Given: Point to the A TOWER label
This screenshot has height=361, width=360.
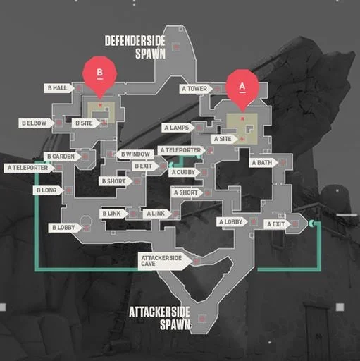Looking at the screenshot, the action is click(196, 89).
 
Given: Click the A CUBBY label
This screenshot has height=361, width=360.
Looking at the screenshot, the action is click(185, 172).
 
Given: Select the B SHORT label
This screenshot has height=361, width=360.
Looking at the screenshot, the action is click(116, 181).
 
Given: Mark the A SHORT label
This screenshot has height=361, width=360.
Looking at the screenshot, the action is click(187, 192).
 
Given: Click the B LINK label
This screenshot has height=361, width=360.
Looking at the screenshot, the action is click(114, 214).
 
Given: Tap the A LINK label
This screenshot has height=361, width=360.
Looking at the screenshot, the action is click(157, 214).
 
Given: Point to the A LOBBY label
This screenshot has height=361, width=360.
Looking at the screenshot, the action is click(232, 221).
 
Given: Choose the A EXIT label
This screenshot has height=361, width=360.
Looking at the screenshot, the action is click(277, 224).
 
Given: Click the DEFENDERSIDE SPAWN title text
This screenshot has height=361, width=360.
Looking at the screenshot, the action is click(135, 47).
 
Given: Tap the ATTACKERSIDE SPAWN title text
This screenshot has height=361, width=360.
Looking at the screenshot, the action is click(160, 318).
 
